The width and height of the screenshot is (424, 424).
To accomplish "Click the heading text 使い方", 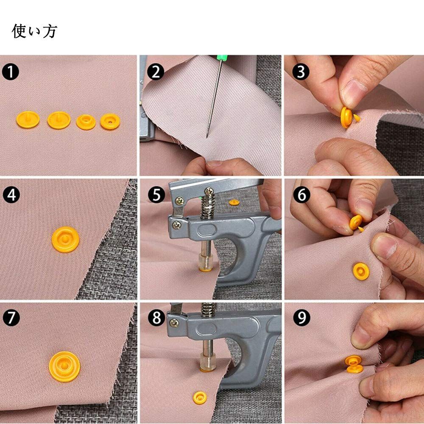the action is [x=34, y=31].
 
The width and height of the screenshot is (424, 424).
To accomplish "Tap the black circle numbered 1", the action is [x=10, y=72].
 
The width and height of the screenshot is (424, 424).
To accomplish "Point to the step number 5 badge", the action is [x=156, y=195].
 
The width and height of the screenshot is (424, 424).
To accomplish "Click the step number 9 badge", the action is [x=301, y=318].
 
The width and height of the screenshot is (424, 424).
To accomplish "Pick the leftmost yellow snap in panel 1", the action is [x=28, y=120].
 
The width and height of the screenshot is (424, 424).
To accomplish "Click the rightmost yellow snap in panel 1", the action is [x=110, y=121].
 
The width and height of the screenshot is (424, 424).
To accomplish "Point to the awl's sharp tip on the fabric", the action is [x=207, y=137].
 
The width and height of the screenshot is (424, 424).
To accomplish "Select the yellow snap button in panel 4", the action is [x=65, y=239].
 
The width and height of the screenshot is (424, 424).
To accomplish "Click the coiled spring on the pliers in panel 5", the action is [x=207, y=204].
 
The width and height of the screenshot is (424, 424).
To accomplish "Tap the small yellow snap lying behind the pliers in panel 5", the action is [x=234, y=202].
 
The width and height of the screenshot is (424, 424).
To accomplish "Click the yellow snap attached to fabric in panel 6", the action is [x=361, y=271].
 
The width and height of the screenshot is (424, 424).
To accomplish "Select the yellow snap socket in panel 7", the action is [x=64, y=366].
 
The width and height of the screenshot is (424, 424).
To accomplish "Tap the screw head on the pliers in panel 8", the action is [x=173, y=323].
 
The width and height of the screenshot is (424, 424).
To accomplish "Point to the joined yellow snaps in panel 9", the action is [x=354, y=364].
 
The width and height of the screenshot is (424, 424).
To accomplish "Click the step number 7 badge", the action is [x=11, y=318].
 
